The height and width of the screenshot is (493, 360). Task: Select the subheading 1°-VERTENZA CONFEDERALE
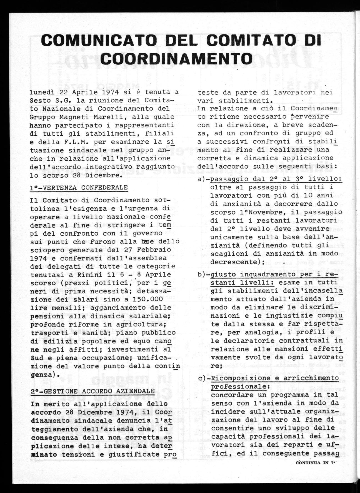pos(79,188)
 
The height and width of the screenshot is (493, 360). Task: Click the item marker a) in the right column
pos(202,180)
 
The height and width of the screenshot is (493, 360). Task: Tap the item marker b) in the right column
pos(202,275)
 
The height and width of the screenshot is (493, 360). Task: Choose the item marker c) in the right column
pos(202,378)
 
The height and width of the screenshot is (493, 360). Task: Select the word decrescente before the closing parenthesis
pos(232,262)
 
